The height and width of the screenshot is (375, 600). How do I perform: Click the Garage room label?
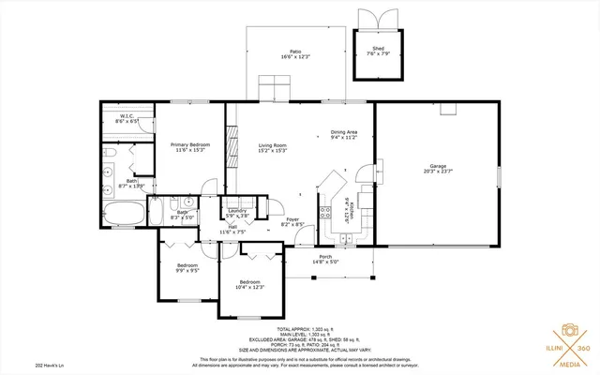point(438,169)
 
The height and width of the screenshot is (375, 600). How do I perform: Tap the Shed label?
point(378,51)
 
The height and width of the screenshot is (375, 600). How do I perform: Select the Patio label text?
point(294,53)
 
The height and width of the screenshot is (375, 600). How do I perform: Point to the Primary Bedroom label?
point(190,147)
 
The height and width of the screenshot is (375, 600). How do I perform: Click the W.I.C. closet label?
point(127,119)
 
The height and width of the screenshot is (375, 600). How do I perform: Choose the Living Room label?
point(272,147)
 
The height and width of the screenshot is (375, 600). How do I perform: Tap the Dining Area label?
point(344,135)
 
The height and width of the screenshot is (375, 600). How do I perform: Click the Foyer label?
point(293,221)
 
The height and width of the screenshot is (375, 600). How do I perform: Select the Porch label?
point(325,259)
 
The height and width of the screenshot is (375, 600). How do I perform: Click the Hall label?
point(231,229)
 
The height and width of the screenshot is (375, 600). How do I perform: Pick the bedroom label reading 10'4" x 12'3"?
point(249,284)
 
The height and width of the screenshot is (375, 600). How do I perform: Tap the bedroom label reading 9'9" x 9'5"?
point(187,267)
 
